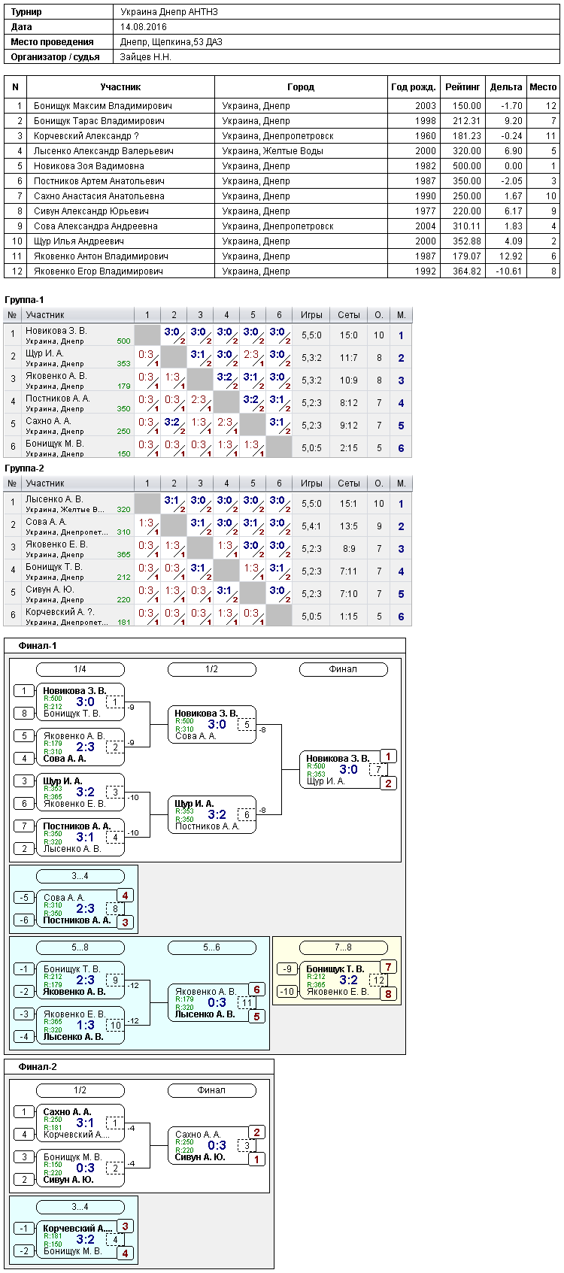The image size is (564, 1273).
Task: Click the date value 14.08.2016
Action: click(144, 27)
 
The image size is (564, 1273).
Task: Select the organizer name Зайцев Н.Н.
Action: click(146, 57)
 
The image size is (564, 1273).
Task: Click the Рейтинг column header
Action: click(462, 87)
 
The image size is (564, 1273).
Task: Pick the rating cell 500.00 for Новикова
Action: click(467, 166)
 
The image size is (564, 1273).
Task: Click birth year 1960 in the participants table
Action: click(426, 136)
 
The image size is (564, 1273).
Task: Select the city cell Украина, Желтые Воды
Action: click(272, 150)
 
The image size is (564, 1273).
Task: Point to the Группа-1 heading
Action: click(24, 299)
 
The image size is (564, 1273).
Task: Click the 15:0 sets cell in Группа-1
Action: click(348, 335)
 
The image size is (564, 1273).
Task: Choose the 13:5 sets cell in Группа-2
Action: click(348, 526)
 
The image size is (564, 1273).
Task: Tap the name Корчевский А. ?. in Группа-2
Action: click(59, 612)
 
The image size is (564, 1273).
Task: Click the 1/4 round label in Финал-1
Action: click(80, 669)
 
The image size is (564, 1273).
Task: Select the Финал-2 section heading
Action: click(38, 1067)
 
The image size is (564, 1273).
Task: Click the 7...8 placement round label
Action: click(343, 947)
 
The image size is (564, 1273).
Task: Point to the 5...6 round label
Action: click(211, 947)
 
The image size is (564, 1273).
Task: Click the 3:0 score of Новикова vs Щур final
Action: click(348, 769)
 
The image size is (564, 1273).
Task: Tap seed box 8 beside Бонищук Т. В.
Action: click(24, 714)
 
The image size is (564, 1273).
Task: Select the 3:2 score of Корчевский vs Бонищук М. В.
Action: click(85, 1239)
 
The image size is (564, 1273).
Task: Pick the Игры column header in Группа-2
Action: click(311, 483)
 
